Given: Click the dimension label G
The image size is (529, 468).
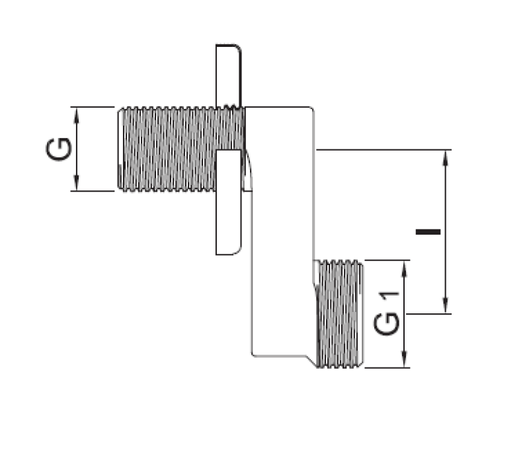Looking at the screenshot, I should pyautogui.click(x=58, y=149).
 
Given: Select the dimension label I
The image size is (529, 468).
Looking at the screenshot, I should pyautogui.click(x=428, y=232).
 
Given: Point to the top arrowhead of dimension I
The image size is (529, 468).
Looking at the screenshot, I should pyautogui.click(x=446, y=156).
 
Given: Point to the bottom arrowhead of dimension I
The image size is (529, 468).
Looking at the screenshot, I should pyautogui.click(x=446, y=307).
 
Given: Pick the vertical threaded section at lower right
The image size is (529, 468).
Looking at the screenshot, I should pyautogui.click(x=339, y=314).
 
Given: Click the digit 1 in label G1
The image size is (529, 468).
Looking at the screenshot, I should pyautogui.click(x=390, y=297).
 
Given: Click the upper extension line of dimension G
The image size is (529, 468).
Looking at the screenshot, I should pyautogui.click(x=93, y=107).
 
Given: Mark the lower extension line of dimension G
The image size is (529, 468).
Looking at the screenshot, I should pyautogui.click(x=93, y=192).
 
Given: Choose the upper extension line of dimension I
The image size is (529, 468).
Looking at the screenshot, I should pyautogui.click(x=384, y=150).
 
